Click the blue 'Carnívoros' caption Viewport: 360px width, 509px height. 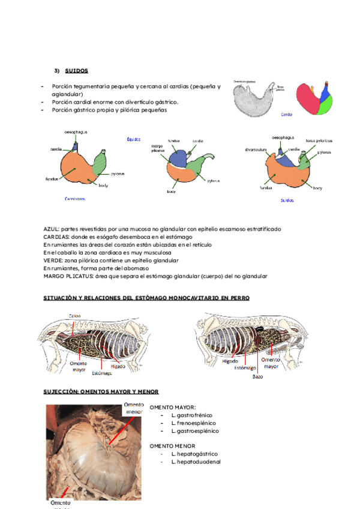coord(75,198)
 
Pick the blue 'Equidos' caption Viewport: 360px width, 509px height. coord(133,139)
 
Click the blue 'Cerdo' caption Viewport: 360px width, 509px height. coord(287,113)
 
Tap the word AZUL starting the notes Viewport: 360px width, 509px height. coord(52,229)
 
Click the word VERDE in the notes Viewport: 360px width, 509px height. coord(53,261)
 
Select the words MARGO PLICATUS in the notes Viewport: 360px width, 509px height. coord(68,276)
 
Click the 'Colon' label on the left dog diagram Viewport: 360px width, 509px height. coord(74,316)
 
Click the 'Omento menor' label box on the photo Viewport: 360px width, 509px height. coord(133,408)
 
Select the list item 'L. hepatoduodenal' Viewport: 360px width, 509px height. coord(196,462)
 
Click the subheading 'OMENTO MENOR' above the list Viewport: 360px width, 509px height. coord(173,446)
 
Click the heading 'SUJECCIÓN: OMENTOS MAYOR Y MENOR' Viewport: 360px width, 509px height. coord(101,391)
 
